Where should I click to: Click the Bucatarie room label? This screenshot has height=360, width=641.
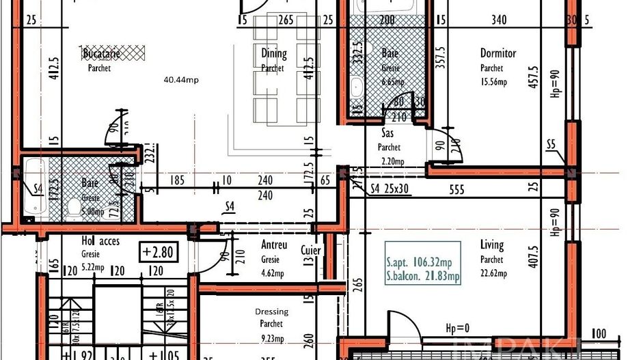pos(101,53)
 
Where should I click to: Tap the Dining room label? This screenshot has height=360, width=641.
pos(274,54)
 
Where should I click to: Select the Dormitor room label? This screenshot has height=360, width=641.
pos(497,53)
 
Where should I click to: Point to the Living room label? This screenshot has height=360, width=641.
pos(491,245)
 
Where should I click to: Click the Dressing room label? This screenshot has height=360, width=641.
pos(271,311)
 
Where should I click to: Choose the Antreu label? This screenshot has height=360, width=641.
pos(273,245)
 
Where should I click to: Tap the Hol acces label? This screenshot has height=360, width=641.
pos(100,241)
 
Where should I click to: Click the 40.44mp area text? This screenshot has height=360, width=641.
pos(181,80)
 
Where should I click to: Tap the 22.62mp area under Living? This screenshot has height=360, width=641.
pos(493,273)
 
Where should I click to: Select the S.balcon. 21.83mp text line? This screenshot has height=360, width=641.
pos(423,277)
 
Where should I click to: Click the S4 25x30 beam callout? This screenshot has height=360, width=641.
pos(390,189)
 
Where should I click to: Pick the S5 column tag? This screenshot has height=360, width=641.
pos(551,144)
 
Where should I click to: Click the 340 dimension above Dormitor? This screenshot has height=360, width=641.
pos(499,20)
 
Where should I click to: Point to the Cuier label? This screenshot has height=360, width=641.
pos(310,250)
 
